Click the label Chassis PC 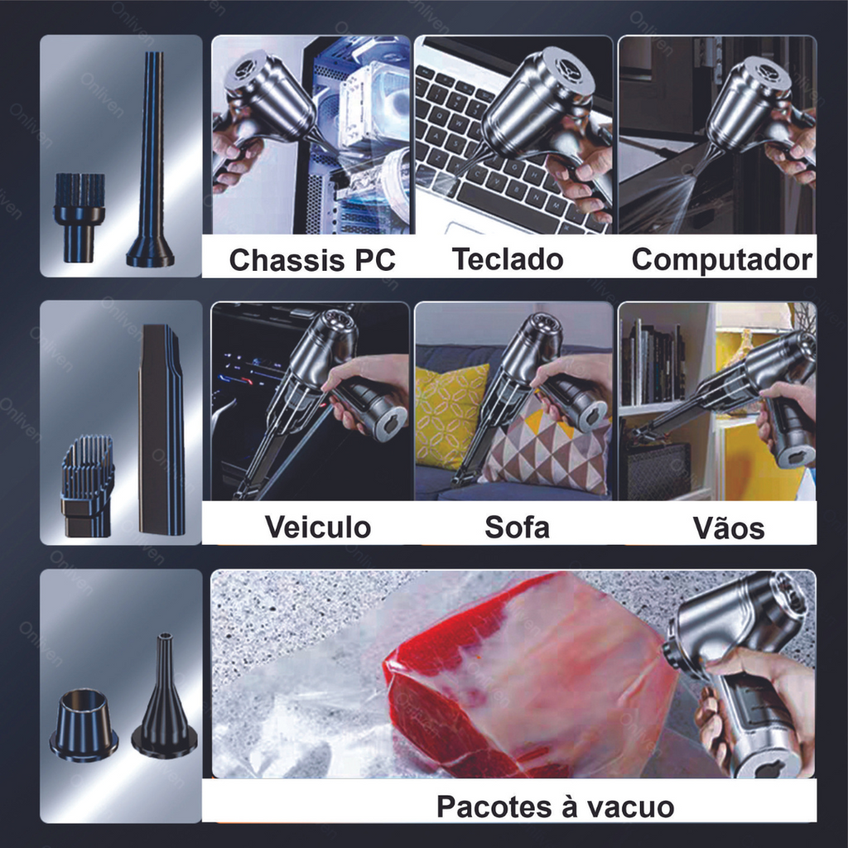point(312,260)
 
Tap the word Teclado point(508,258)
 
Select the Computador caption point(721,259)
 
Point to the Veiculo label point(317,527)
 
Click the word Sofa point(517,527)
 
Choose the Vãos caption point(729,528)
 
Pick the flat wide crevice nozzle point(161,430)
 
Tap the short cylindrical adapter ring point(84,724)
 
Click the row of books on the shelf point(653,363)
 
